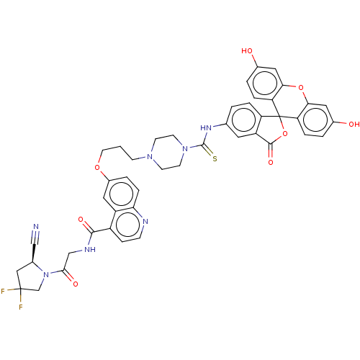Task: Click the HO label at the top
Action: (247, 51)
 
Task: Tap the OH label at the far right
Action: (354, 125)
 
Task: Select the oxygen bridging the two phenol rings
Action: (301, 88)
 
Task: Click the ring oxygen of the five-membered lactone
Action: (285, 134)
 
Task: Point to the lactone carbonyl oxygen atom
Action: (271, 162)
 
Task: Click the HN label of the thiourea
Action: (206, 128)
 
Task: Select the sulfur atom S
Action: (215, 158)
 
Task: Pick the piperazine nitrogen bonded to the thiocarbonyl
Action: (185, 149)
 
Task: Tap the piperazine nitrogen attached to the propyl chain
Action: (150, 157)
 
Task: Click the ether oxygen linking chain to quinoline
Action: (97, 167)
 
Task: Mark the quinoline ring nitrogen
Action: (145, 222)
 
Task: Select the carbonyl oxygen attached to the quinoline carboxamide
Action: (81, 220)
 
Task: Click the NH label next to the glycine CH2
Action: (90, 250)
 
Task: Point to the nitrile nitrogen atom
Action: (36, 227)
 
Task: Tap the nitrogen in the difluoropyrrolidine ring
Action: (46, 274)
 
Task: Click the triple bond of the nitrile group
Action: (35, 238)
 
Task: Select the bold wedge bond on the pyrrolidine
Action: (34, 253)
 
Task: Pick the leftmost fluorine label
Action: (3, 292)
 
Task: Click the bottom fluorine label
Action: (21, 307)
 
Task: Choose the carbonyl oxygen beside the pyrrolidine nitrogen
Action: (76, 284)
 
